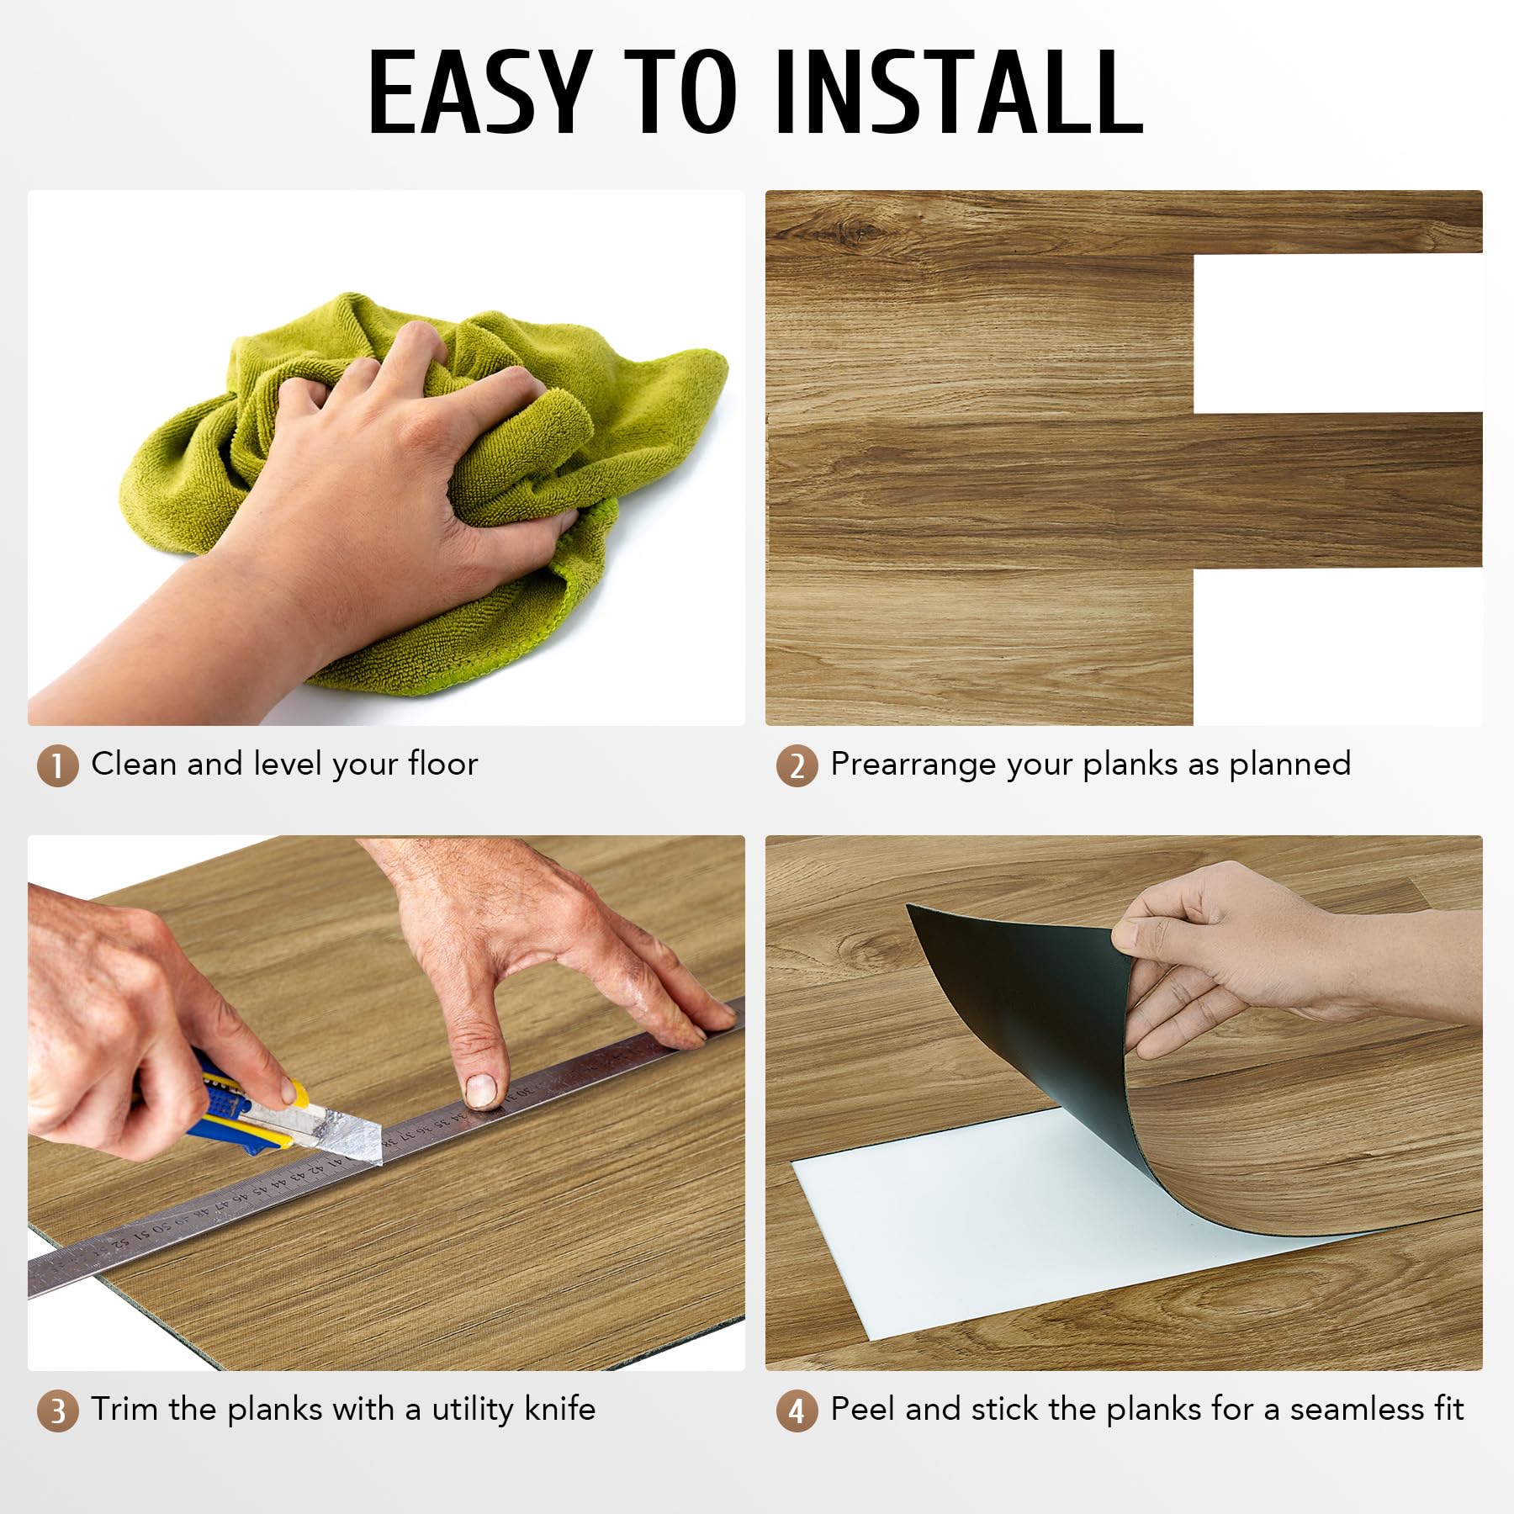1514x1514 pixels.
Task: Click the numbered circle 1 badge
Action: click(x=57, y=765)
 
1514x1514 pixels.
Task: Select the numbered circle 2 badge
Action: click(x=797, y=765)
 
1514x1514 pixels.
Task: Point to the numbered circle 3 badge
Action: click(x=57, y=1411)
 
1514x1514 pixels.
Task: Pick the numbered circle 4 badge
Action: click(x=797, y=1411)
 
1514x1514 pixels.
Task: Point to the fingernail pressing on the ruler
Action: click(x=480, y=1090)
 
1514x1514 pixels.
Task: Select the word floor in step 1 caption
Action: click(x=442, y=764)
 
